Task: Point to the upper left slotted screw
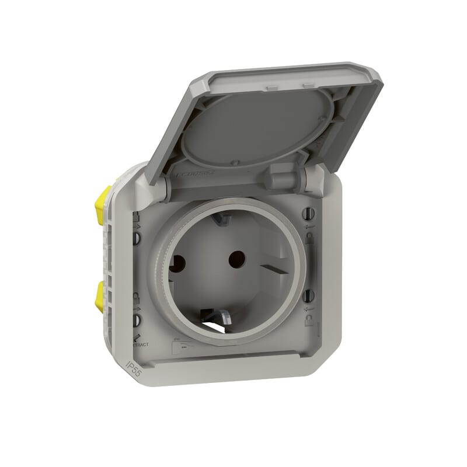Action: coord(138,238)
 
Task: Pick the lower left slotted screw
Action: coord(138,319)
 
